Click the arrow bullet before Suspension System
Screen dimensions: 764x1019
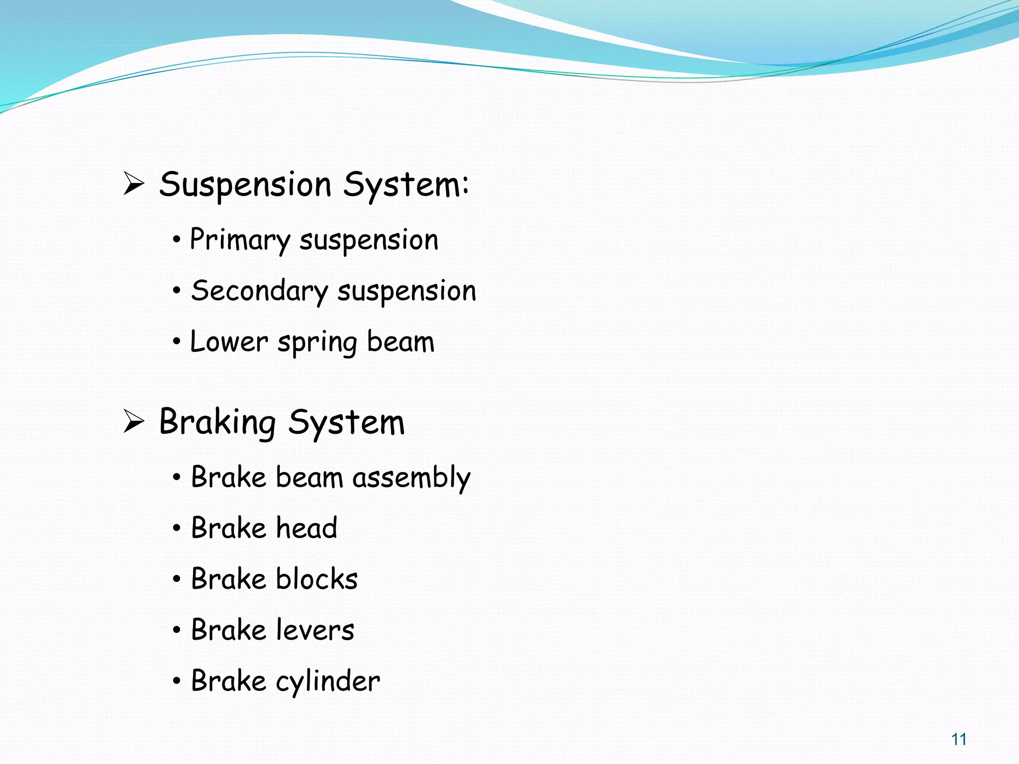[x=133, y=184]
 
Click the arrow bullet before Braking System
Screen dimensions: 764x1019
[x=133, y=422]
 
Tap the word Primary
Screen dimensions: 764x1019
[x=240, y=240]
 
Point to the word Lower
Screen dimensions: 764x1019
[x=229, y=342]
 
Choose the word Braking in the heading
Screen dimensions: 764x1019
[x=217, y=423]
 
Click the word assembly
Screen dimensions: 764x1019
[x=411, y=478]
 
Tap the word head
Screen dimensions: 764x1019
[x=306, y=528]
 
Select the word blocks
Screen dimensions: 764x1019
[x=316, y=579]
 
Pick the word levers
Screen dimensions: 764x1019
[x=314, y=630]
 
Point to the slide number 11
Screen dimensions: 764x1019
[x=959, y=740]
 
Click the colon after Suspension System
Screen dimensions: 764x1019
[x=465, y=184]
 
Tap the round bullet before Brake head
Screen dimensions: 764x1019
[x=177, y=529]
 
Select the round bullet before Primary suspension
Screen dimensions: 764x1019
[x=177, y=240]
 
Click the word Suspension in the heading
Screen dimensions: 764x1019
[x=245, y=185]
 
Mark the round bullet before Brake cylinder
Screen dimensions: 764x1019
[x=177, y=681]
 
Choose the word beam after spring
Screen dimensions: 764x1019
[x=401, y=342]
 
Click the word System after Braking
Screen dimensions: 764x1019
[x=346, y=423]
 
